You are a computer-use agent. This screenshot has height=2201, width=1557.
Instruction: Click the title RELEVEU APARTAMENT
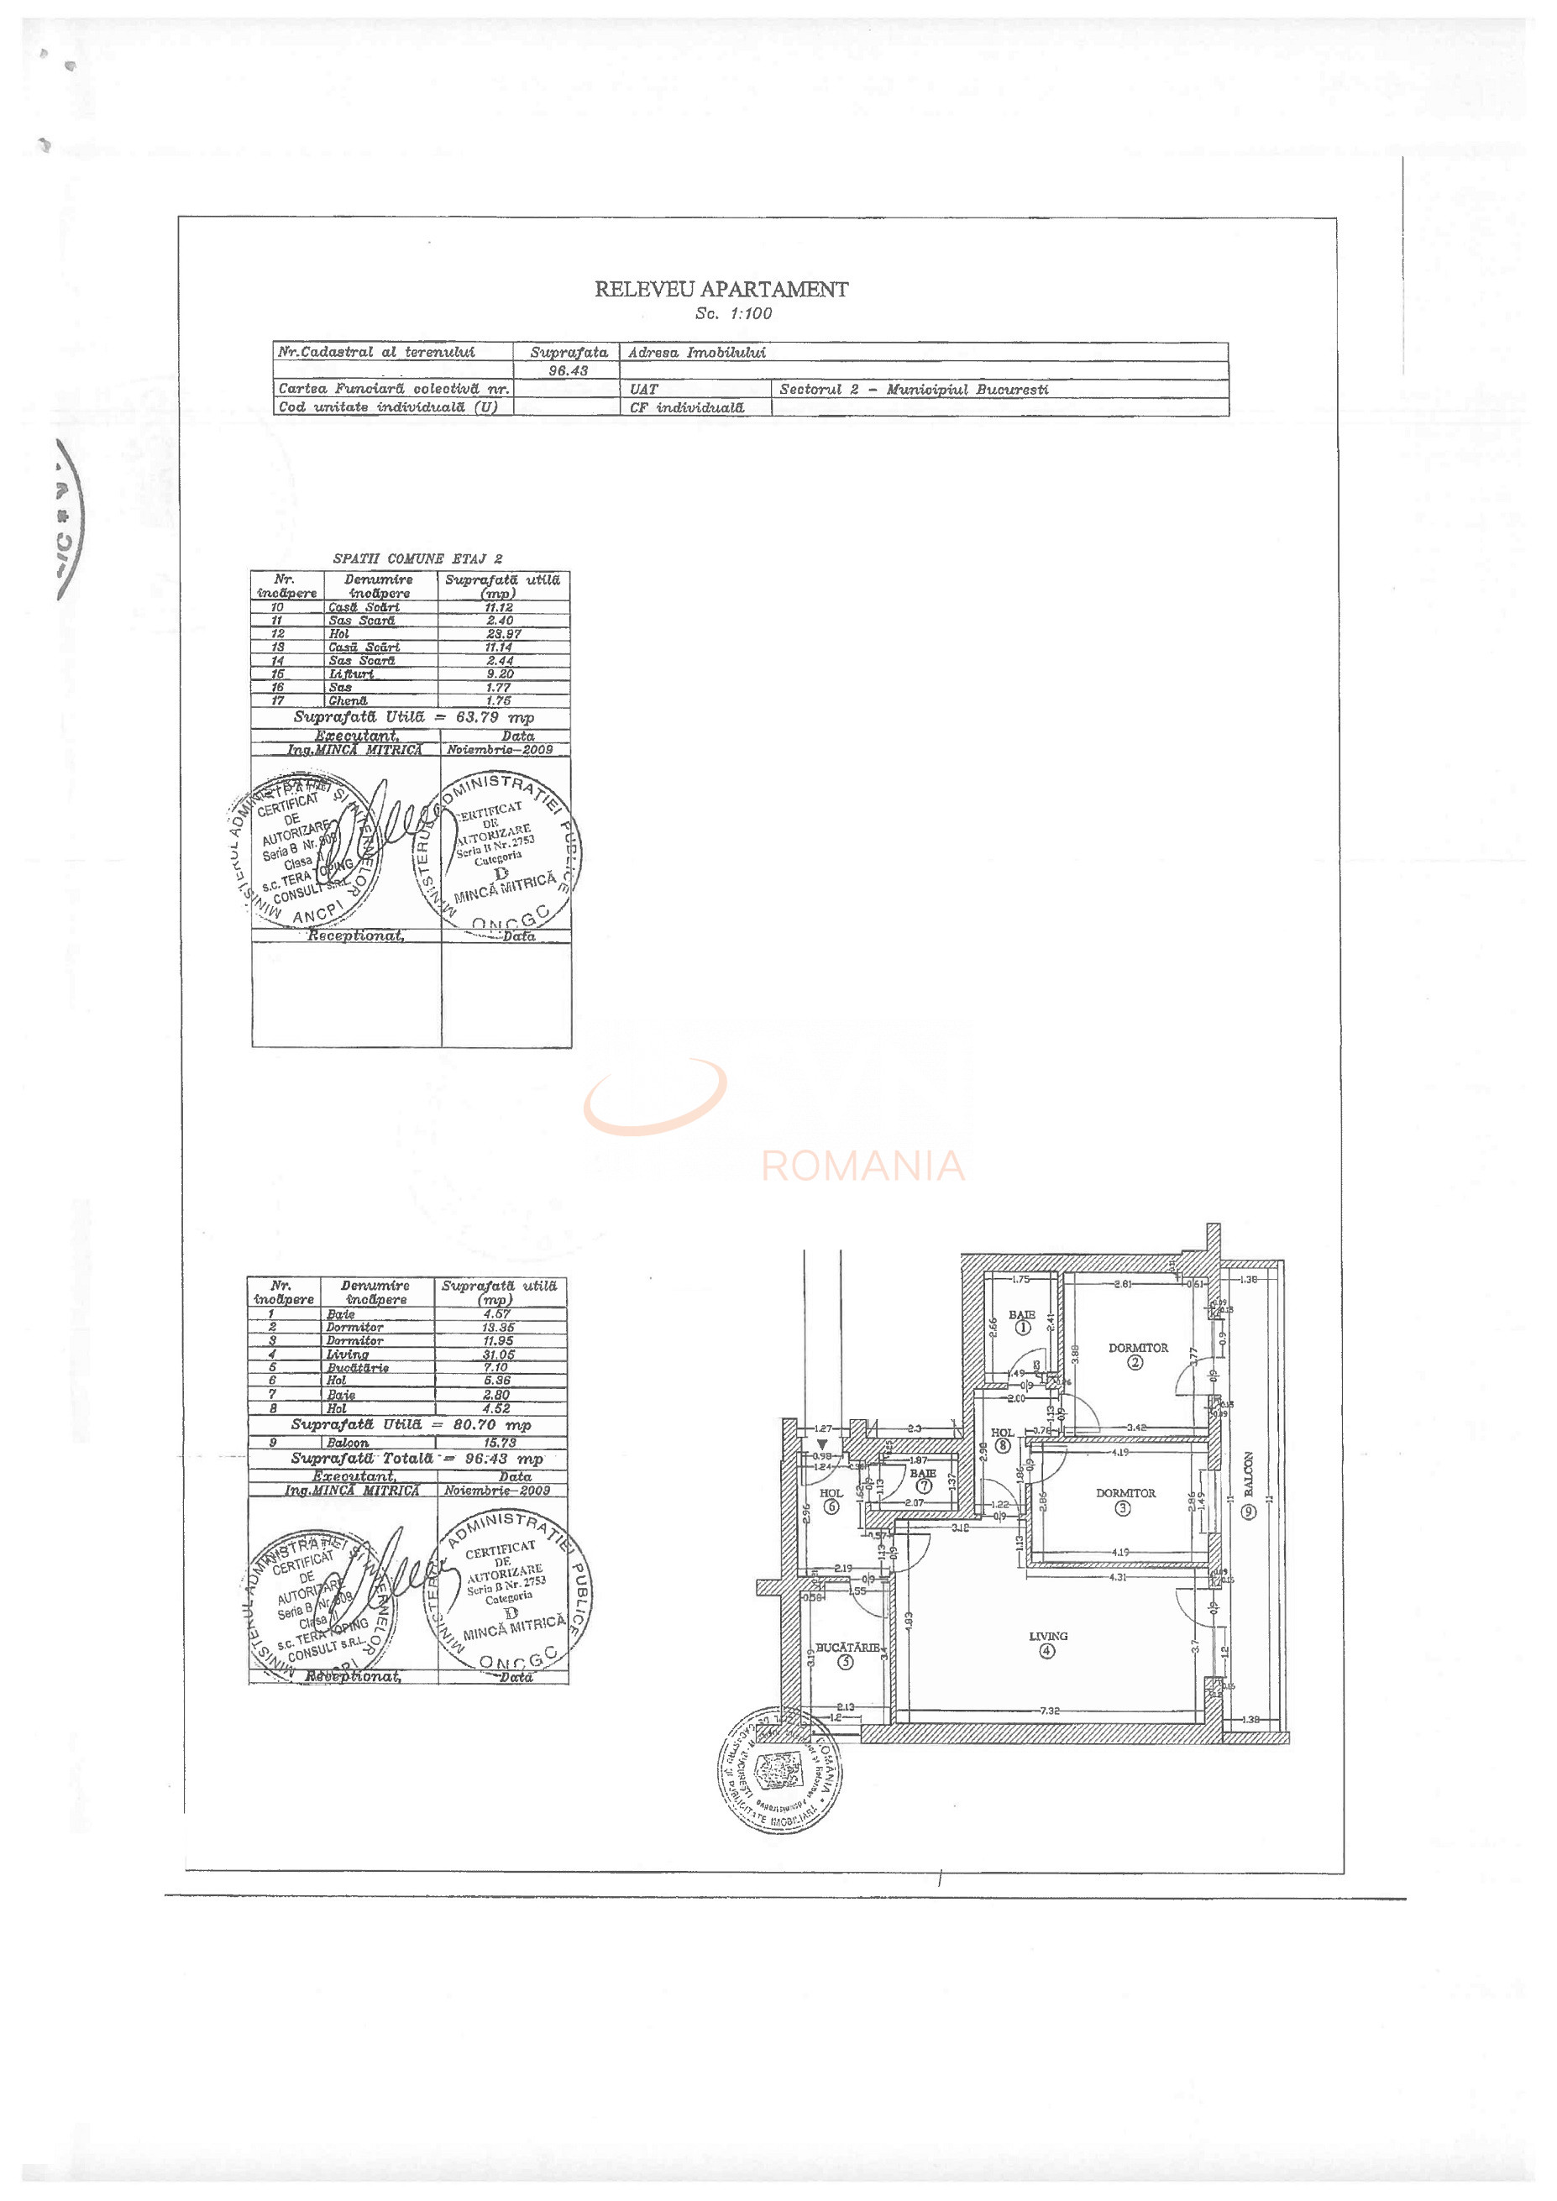(721, 289)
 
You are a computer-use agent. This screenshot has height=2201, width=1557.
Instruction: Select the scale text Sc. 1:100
(733, 313)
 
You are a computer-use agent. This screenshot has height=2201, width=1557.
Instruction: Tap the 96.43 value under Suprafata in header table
(568, 370)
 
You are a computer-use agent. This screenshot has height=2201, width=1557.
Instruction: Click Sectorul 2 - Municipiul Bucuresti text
(914, 389)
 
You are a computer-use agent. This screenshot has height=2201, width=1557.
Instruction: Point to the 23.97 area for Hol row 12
(502, 634)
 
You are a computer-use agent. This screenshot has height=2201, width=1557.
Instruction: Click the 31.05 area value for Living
(499, 1355)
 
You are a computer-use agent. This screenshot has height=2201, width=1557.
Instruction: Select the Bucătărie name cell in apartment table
(358, 1368)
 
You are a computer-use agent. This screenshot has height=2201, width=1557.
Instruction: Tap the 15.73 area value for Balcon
(501, 1442)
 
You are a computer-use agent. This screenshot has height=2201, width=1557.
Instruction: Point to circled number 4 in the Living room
(1047, 1650)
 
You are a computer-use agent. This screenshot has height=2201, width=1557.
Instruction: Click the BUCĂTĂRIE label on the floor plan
(847, 1647)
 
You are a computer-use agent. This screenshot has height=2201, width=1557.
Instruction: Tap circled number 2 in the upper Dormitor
(1135, 1362)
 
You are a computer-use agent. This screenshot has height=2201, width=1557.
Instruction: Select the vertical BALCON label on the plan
(1248, 1474)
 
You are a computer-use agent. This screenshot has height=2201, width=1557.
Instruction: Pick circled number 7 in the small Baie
(923, 1486)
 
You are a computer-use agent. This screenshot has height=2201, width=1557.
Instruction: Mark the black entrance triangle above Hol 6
(821, 1443)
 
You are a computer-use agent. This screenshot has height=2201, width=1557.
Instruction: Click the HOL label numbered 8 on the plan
(1003, 1433)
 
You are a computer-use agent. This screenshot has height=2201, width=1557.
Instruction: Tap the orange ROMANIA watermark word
(862, 1166)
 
